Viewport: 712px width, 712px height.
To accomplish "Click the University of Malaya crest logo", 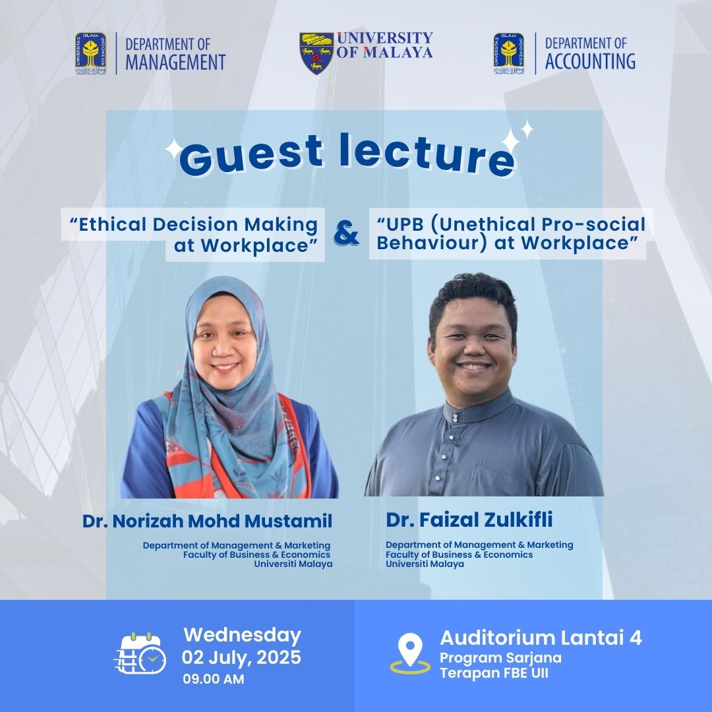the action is pos(316,53).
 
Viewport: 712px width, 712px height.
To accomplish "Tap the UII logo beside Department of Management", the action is pos(91,53).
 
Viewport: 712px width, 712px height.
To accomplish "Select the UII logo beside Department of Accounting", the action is pos(508,53).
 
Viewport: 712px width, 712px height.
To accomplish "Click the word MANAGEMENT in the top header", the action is pos(176,62).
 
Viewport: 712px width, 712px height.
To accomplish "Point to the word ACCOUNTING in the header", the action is pos(590,61).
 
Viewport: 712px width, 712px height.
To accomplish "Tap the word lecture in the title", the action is pos(427,155).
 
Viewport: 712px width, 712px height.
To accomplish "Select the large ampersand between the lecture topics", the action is pos(347,233).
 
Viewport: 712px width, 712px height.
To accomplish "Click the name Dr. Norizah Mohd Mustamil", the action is pos(208,521).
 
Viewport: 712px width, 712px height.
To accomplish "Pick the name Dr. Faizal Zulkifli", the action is pos(469,519).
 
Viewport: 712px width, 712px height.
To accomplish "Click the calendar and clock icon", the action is pos(140,653).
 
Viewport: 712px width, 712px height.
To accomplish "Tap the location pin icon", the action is pos(410,653).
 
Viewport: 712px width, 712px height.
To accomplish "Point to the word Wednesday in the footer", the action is pos(242,635).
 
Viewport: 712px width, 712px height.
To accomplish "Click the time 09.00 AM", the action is pos(214,679).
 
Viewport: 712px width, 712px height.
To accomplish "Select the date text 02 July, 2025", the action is pos(241,657).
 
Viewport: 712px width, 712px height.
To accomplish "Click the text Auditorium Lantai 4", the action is pos(541,638).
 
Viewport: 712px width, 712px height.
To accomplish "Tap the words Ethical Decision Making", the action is pos(198,224).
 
